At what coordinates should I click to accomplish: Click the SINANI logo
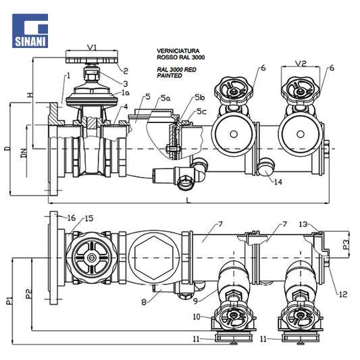click(30, 31)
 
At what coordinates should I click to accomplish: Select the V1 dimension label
click(92, 47)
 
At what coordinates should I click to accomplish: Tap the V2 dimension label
click(301, 63)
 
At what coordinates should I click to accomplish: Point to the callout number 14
click(278, 182)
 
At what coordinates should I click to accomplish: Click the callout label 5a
click(165, 98)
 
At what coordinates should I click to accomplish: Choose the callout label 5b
click(200, 97)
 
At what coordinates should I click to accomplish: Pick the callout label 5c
click(201, 111)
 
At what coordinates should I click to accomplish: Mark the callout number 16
click(72, 218)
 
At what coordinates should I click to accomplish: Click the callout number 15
click(89, 218)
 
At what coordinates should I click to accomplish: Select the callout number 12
click(343, 294)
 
